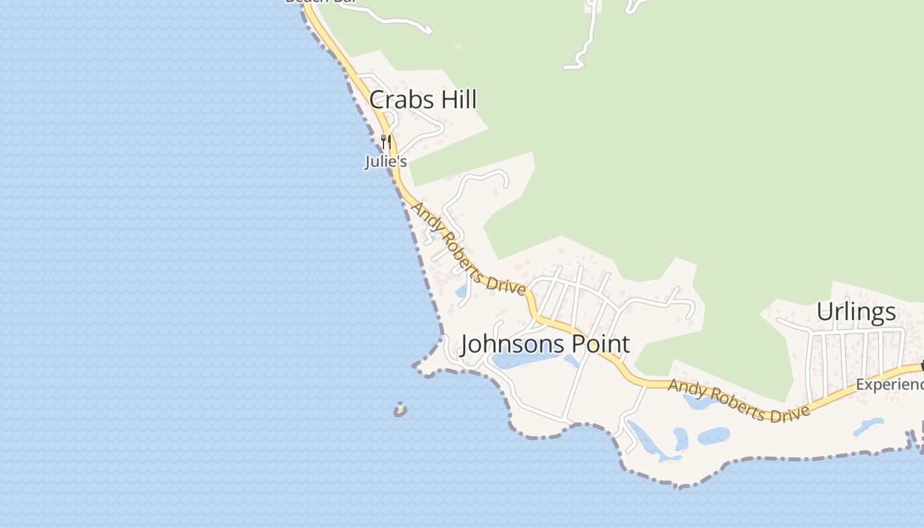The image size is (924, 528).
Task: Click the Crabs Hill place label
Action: click(422, 100)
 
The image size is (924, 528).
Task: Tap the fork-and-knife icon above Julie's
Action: click(386, 141)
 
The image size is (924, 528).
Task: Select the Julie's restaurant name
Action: click(385, 161)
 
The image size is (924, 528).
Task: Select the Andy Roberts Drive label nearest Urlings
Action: click(739, 401)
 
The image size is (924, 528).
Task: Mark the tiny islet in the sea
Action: click(400, 410)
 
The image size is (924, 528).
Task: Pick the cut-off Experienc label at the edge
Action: click(889, 384)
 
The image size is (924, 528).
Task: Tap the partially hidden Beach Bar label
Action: click(320, 2)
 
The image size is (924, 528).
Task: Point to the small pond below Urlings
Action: click(869, 426)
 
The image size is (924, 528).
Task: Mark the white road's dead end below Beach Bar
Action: click(428, 30)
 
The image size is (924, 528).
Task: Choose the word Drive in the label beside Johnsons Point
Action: click(505, 283)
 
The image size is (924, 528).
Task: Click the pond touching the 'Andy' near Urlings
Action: click(698, 400)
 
